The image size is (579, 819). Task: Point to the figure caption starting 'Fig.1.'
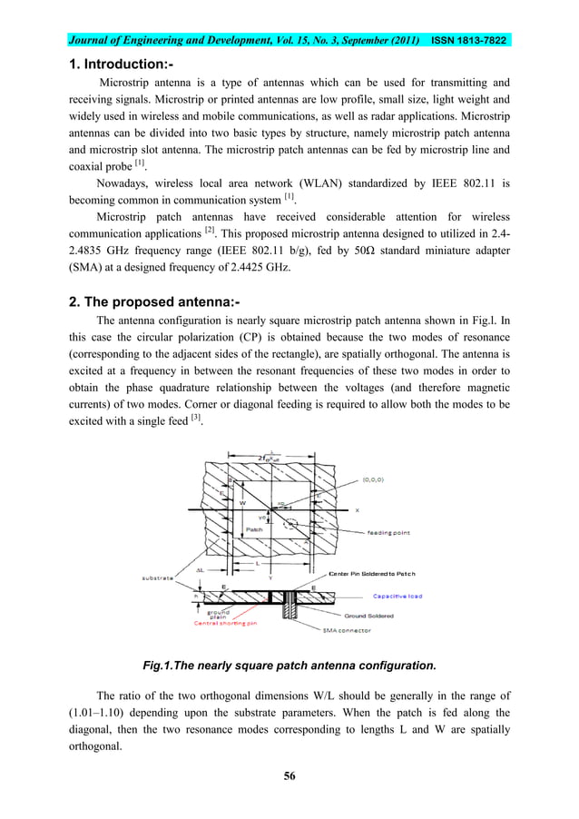(x=289, y=665)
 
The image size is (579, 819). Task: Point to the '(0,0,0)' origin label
(x=378, y=475)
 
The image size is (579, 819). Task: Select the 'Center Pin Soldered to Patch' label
(x=373, y=574)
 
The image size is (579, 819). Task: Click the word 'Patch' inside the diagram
(x=254, y=527)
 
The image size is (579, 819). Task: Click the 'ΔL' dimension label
(x=202, y=570)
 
